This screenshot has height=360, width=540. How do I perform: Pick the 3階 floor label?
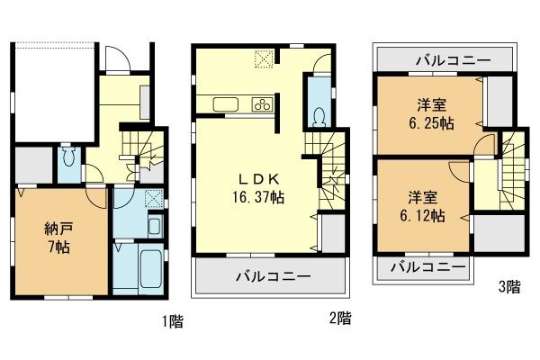pos(508,288)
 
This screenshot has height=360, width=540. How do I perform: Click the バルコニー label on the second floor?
pos(274,274)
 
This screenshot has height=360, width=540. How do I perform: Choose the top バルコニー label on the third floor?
pos(454,60)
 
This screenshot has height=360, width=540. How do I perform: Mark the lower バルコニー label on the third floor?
pos(428,266)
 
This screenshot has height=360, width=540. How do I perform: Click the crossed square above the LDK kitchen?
pos(265,58)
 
